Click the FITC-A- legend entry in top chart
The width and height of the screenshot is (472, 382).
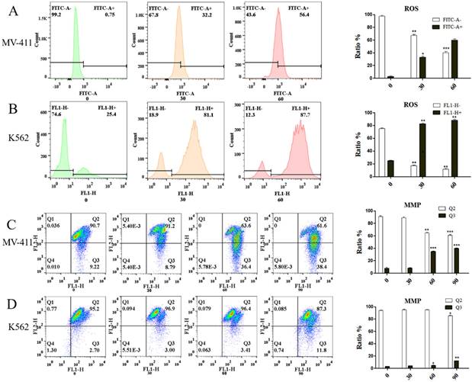click(x=432, y=18)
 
